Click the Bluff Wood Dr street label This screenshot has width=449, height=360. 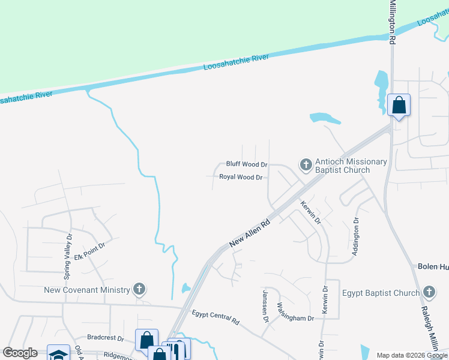point(246,164)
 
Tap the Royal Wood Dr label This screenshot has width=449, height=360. point(241,177)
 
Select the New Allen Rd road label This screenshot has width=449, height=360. point(250,233)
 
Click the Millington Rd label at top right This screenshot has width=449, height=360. point(393,22)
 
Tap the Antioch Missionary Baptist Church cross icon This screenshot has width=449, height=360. point(306,164)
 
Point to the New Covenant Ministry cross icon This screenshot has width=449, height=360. point(139,290)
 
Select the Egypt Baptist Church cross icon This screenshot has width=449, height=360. point(429,293)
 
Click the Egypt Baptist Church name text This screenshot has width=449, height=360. point(381,293)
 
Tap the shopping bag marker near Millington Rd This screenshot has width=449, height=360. point(399,106)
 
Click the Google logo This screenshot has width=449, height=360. point(20,353)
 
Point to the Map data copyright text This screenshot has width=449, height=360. point(412,355)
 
